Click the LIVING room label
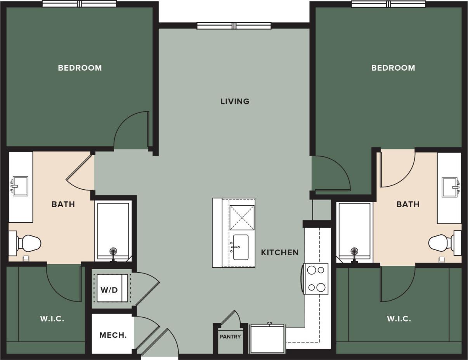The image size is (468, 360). [x=235, y=102]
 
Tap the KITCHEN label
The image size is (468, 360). [x=279, y=253]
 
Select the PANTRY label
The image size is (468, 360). [x=230, y=337]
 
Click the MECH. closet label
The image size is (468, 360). [x=113, y=335]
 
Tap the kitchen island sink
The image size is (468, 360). [x=241, y=247]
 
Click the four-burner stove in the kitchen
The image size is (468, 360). [x=316, y=279]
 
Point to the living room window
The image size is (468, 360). [x=234, y=26]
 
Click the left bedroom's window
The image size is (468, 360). [x=79, y=4]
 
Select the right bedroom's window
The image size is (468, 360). [x=388, y=4]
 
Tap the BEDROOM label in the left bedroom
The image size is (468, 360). [x=80, y=68]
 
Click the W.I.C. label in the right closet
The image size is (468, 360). [x=399, y=319]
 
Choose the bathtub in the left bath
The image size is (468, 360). [x=113, y=230]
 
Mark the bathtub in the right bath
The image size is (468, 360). [x=355, y=230]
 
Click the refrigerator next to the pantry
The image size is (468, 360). [x=267, y=339]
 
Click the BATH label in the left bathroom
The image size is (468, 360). [x=63, y=204]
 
